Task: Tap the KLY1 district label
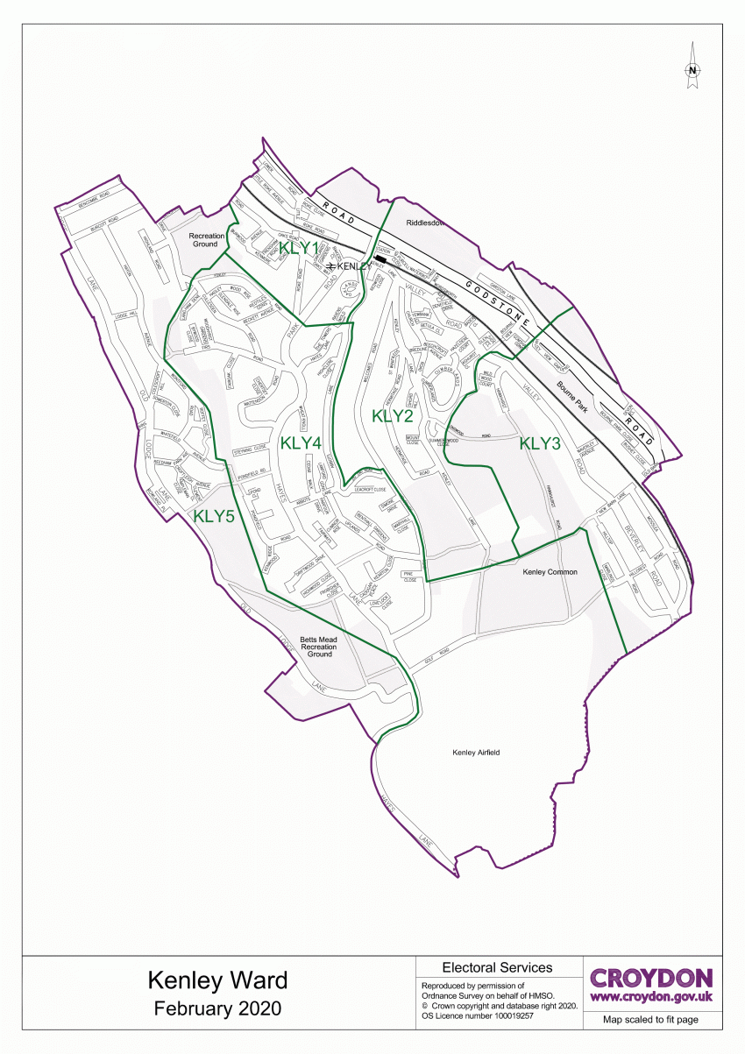pos(297,248)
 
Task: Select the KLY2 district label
pos(392,416)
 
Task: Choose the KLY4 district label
pos(301,443)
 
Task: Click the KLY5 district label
pos(214,517)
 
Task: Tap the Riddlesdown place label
pos(425,223)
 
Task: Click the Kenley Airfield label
pos(475,752)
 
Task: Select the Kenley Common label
pos(550,572)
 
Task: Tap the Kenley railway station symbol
pos(330,265)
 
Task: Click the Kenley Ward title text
pos(217,979)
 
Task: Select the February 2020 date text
pos(217,1008)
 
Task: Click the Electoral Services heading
pos(497,967)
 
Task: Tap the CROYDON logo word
pos(651,978)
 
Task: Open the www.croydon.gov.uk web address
pos(651,997)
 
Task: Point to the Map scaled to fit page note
pos(650,1020)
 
